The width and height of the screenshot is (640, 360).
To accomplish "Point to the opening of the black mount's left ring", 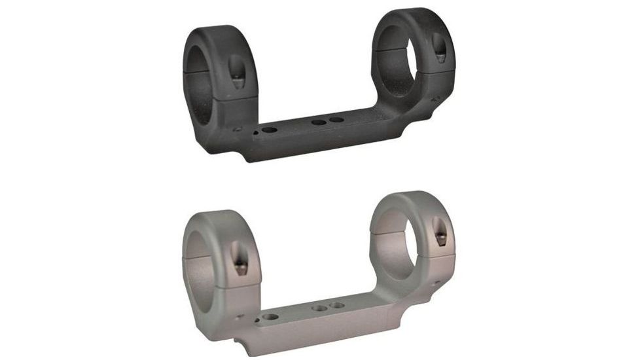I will (x=205, y=70).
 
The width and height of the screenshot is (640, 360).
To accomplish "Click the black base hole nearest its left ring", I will (x=268, y=132).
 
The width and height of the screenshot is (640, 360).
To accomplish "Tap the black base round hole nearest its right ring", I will (x=337, y=120).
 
